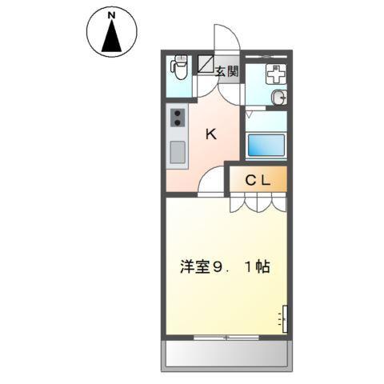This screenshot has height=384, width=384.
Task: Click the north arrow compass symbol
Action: pos(111,34)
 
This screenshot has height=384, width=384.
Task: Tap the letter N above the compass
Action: pos(111,14)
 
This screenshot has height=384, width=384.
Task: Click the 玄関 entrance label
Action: pos(226,71)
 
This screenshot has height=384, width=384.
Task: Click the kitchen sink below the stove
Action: pos(177,151)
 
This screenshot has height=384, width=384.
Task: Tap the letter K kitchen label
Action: pos(212,134)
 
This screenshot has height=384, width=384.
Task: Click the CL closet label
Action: pos(258,180)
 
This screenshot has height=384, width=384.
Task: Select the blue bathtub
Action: pos(265,146)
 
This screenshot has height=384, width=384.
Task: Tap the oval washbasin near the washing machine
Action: pos(278,98)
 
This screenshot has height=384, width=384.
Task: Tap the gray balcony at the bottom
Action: pos(226,354)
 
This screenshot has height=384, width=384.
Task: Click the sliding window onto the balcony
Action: pos(226,337)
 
